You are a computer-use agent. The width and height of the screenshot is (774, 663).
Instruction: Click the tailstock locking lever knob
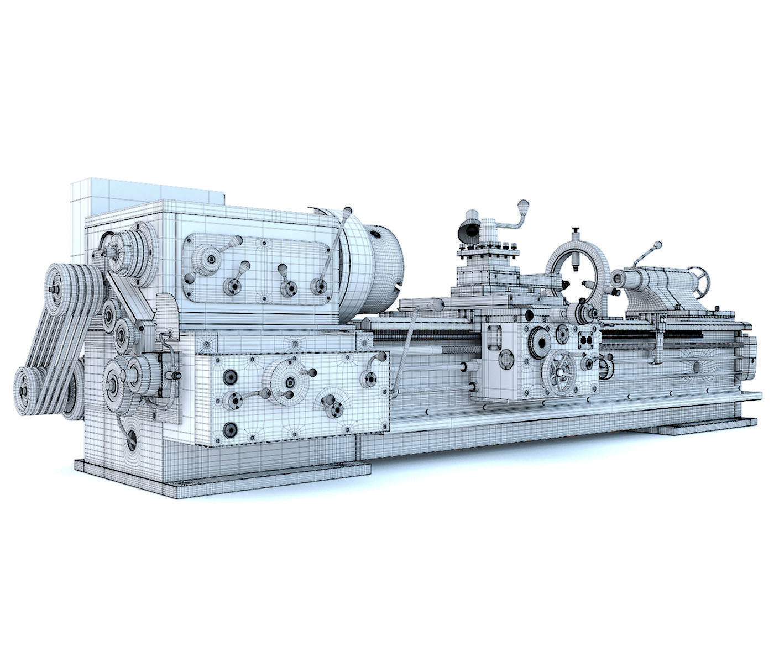coord(657,245)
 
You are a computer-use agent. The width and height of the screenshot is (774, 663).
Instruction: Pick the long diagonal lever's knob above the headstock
coord(348,212)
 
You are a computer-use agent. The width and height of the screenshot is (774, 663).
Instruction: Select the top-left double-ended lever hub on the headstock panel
coord(211,259)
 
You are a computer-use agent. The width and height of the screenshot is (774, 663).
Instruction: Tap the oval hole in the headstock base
coord(132,440)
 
